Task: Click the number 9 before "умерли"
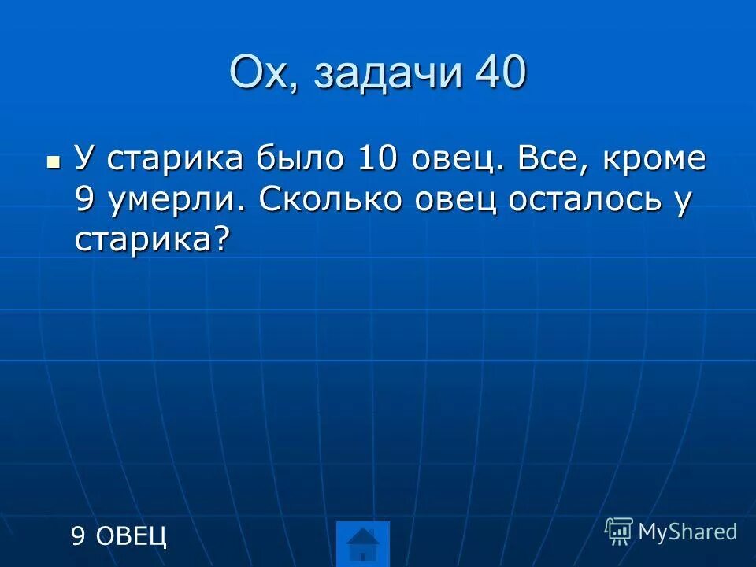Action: [x=85, y=201]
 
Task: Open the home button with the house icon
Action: [x=363, y=544]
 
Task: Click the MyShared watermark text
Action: [x=687, y=532]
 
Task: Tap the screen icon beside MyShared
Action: [x=619, y=532]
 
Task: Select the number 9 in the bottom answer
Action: [x=78, y=536]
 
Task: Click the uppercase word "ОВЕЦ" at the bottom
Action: [x=132, y=536]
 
